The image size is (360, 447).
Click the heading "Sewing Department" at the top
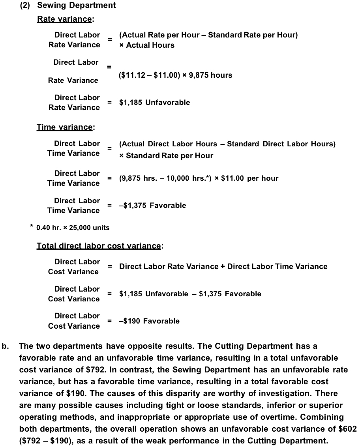click(76, 5)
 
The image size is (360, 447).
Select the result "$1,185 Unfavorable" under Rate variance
click(154, 103)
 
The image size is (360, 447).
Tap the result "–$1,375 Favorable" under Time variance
click(152, 206)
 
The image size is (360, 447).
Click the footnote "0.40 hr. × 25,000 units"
click(73, 228)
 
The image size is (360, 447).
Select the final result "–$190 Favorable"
click(149, 321)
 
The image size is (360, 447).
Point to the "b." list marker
click(6, 346)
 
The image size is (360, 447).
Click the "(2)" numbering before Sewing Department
click(26, 5)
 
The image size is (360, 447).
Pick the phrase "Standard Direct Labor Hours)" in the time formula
click(281, 144)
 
